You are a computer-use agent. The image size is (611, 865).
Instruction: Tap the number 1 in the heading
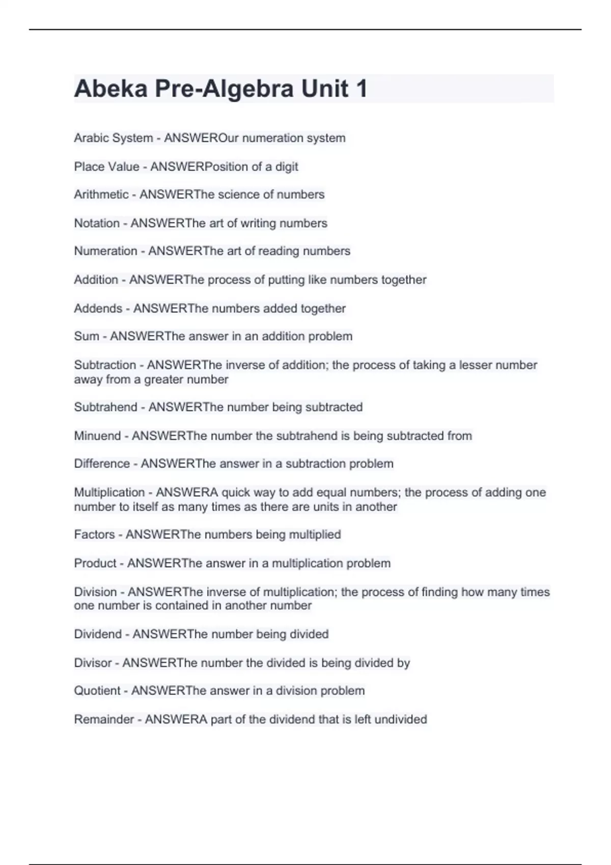tap(362, 89)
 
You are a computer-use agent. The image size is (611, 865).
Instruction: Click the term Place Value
tap(106, 166)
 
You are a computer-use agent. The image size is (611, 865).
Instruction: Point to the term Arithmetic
tap(101, 194)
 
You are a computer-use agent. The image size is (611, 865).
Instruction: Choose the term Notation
tap(97, 223)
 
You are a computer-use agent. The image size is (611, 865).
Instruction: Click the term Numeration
tap(105, 251)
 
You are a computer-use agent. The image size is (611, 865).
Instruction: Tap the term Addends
tap(98, 308)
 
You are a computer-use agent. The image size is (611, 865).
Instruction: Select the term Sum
tap(87, 336)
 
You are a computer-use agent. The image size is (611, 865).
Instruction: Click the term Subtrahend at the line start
tap(105, 407)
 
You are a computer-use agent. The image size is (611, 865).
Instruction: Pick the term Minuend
tap(97, 436)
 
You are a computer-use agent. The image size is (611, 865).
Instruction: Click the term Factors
tap(94, 534)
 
